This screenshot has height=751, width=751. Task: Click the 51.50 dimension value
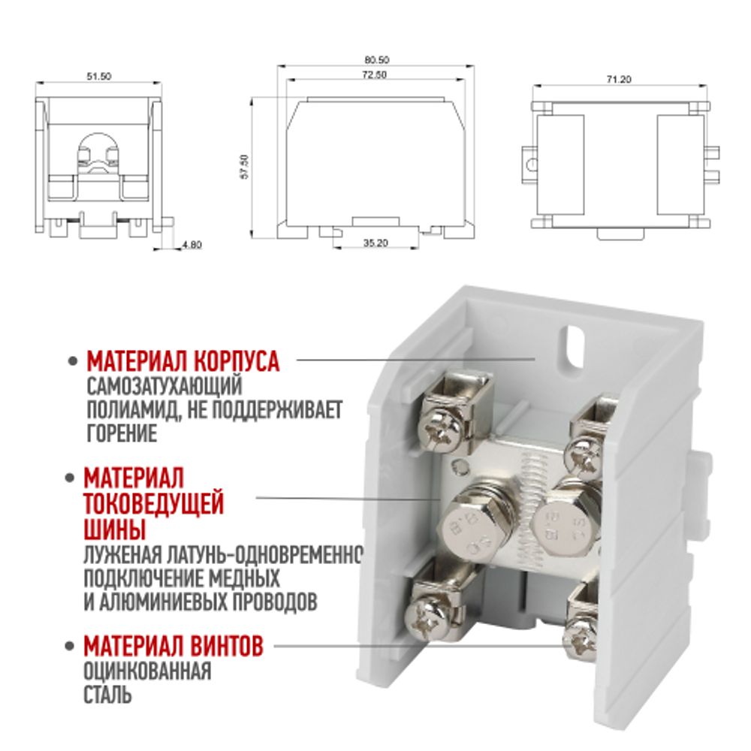coord(98,76)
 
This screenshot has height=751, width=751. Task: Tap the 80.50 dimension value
coord(377,60)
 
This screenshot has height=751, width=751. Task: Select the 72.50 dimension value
coord(375,74)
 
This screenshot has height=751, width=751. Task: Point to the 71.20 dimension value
coord(620,80)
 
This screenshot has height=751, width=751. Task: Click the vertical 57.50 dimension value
coord(245,167)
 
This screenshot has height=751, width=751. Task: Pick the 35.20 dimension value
coord(375,243)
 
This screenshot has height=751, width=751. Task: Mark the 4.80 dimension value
coord(192,245)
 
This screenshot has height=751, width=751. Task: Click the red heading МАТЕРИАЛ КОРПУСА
coord(182,361)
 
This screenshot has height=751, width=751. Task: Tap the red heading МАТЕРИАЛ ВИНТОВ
coord(173,646)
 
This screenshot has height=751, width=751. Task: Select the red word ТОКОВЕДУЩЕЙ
coord(154,503)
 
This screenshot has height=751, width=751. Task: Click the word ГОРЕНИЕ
coord(122,433)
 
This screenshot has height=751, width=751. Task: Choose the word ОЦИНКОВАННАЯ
coord(147,671)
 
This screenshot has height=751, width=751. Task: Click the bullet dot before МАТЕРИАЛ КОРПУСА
coord(73,361)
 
